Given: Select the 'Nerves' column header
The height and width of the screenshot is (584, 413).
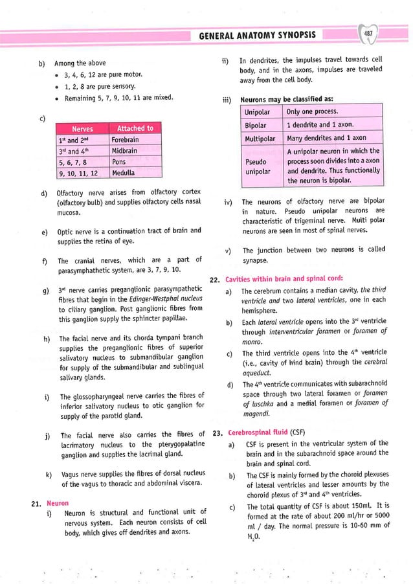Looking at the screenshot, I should coord(82,128).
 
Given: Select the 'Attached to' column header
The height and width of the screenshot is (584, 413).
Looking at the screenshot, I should coord(135,128).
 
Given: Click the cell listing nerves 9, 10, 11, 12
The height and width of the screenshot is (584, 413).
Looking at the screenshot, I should coord(82,173).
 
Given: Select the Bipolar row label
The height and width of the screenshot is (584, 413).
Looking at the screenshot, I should coord(258,125).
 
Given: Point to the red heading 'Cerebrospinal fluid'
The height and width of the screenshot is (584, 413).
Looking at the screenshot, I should coord(257,432).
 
